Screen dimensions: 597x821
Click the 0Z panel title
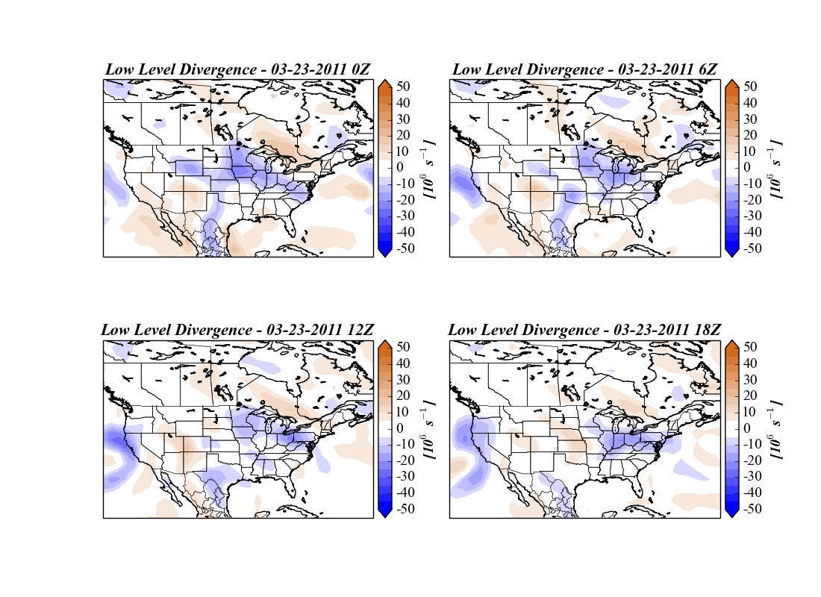click(x=238, y=69)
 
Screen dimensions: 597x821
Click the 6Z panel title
click(x=585, y=69)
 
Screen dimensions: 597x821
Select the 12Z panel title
click(x=238, y=330)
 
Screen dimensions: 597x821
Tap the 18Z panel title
click(x=585, y=330)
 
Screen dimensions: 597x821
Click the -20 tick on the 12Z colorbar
click(x=404, y=460)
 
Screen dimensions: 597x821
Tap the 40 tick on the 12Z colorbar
click(x=404, y=363)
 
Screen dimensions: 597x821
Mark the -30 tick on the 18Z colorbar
click(x=750, y=477)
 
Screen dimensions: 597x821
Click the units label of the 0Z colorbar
click(x=430, y=168)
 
